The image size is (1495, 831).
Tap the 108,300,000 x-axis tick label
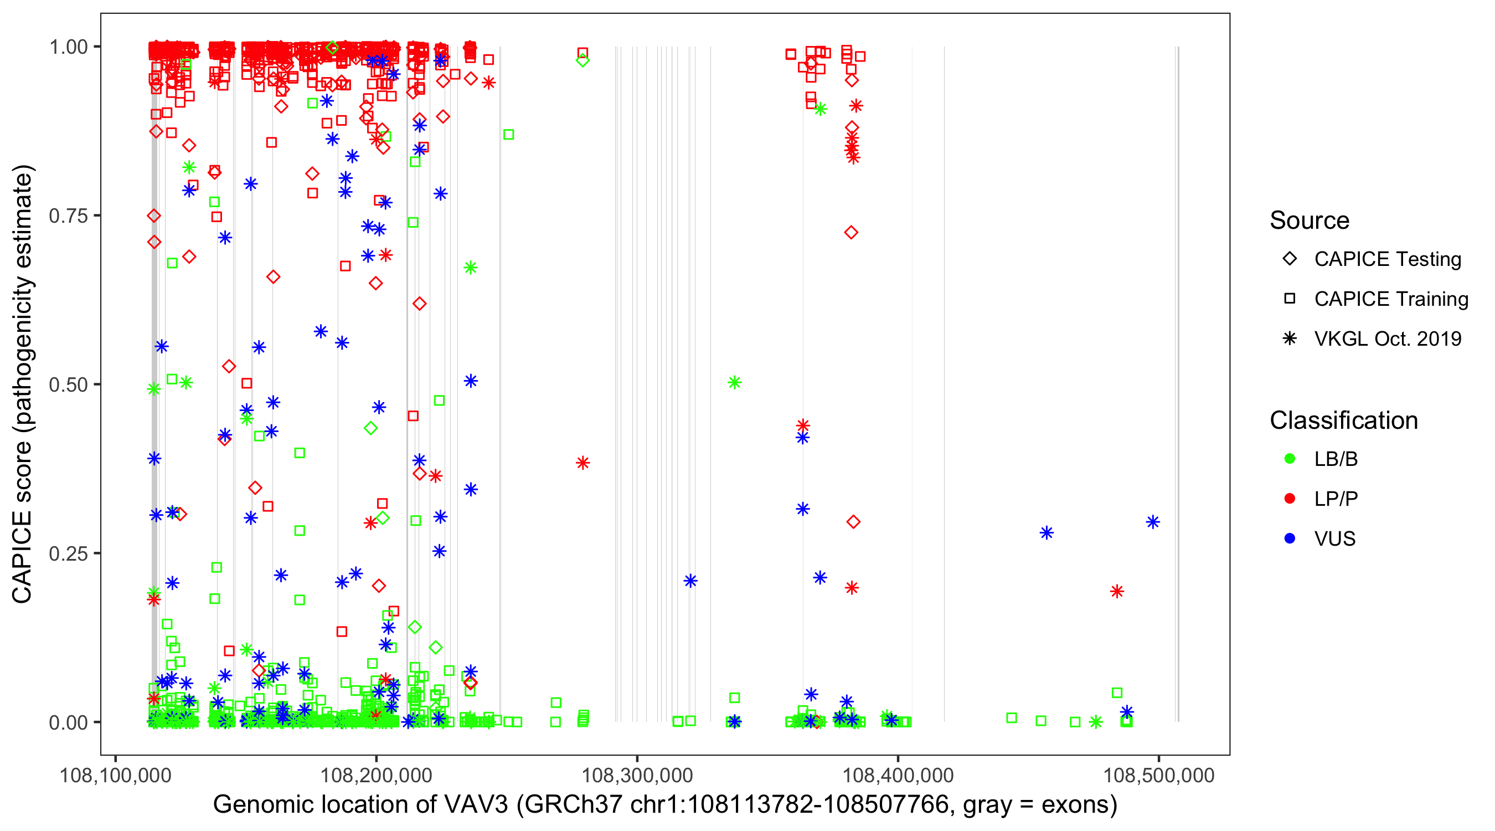[x=637, y=774]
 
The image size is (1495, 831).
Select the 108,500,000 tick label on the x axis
[x=1158, y=774]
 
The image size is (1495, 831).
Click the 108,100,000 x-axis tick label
[x=116, y=774]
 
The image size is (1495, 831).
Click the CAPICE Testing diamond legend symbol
[x=1290, y=259]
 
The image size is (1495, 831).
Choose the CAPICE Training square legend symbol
[x=1290, y=299]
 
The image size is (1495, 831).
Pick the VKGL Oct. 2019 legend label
[x=1388, y=338]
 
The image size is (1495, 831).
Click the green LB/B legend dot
[x=1290, y=459]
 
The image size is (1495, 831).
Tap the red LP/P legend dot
[x=1290, y=499]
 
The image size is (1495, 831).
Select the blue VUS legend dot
[x=1290, y=539]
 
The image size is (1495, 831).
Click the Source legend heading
[x=1310, y=220]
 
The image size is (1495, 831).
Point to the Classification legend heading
[x=1343, y=420]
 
